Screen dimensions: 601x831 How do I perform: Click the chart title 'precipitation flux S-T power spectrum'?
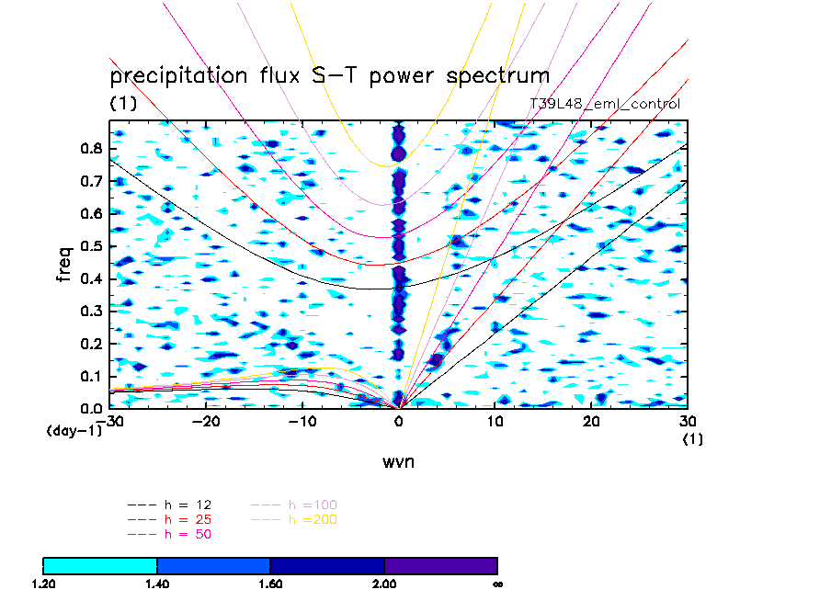[329, 75]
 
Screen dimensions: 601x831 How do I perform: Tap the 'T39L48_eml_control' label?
[605, 104]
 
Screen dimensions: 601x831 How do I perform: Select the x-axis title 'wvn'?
[399, 461]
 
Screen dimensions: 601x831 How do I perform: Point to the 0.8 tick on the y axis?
[92, 150]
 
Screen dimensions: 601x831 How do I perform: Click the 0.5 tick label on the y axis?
[92, 246]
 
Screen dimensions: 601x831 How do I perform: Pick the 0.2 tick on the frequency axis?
[92, 344]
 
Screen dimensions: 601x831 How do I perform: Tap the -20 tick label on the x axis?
[207, 421]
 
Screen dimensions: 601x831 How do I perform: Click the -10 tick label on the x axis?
[303, 421]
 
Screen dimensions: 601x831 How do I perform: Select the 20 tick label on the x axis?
[592, 421]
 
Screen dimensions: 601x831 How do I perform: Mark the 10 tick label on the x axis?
[495, 421]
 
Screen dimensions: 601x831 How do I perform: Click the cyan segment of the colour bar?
[100, 565]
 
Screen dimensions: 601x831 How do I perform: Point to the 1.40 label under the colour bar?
[157, 583]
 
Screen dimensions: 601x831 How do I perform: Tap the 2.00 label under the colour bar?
[384, 583]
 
